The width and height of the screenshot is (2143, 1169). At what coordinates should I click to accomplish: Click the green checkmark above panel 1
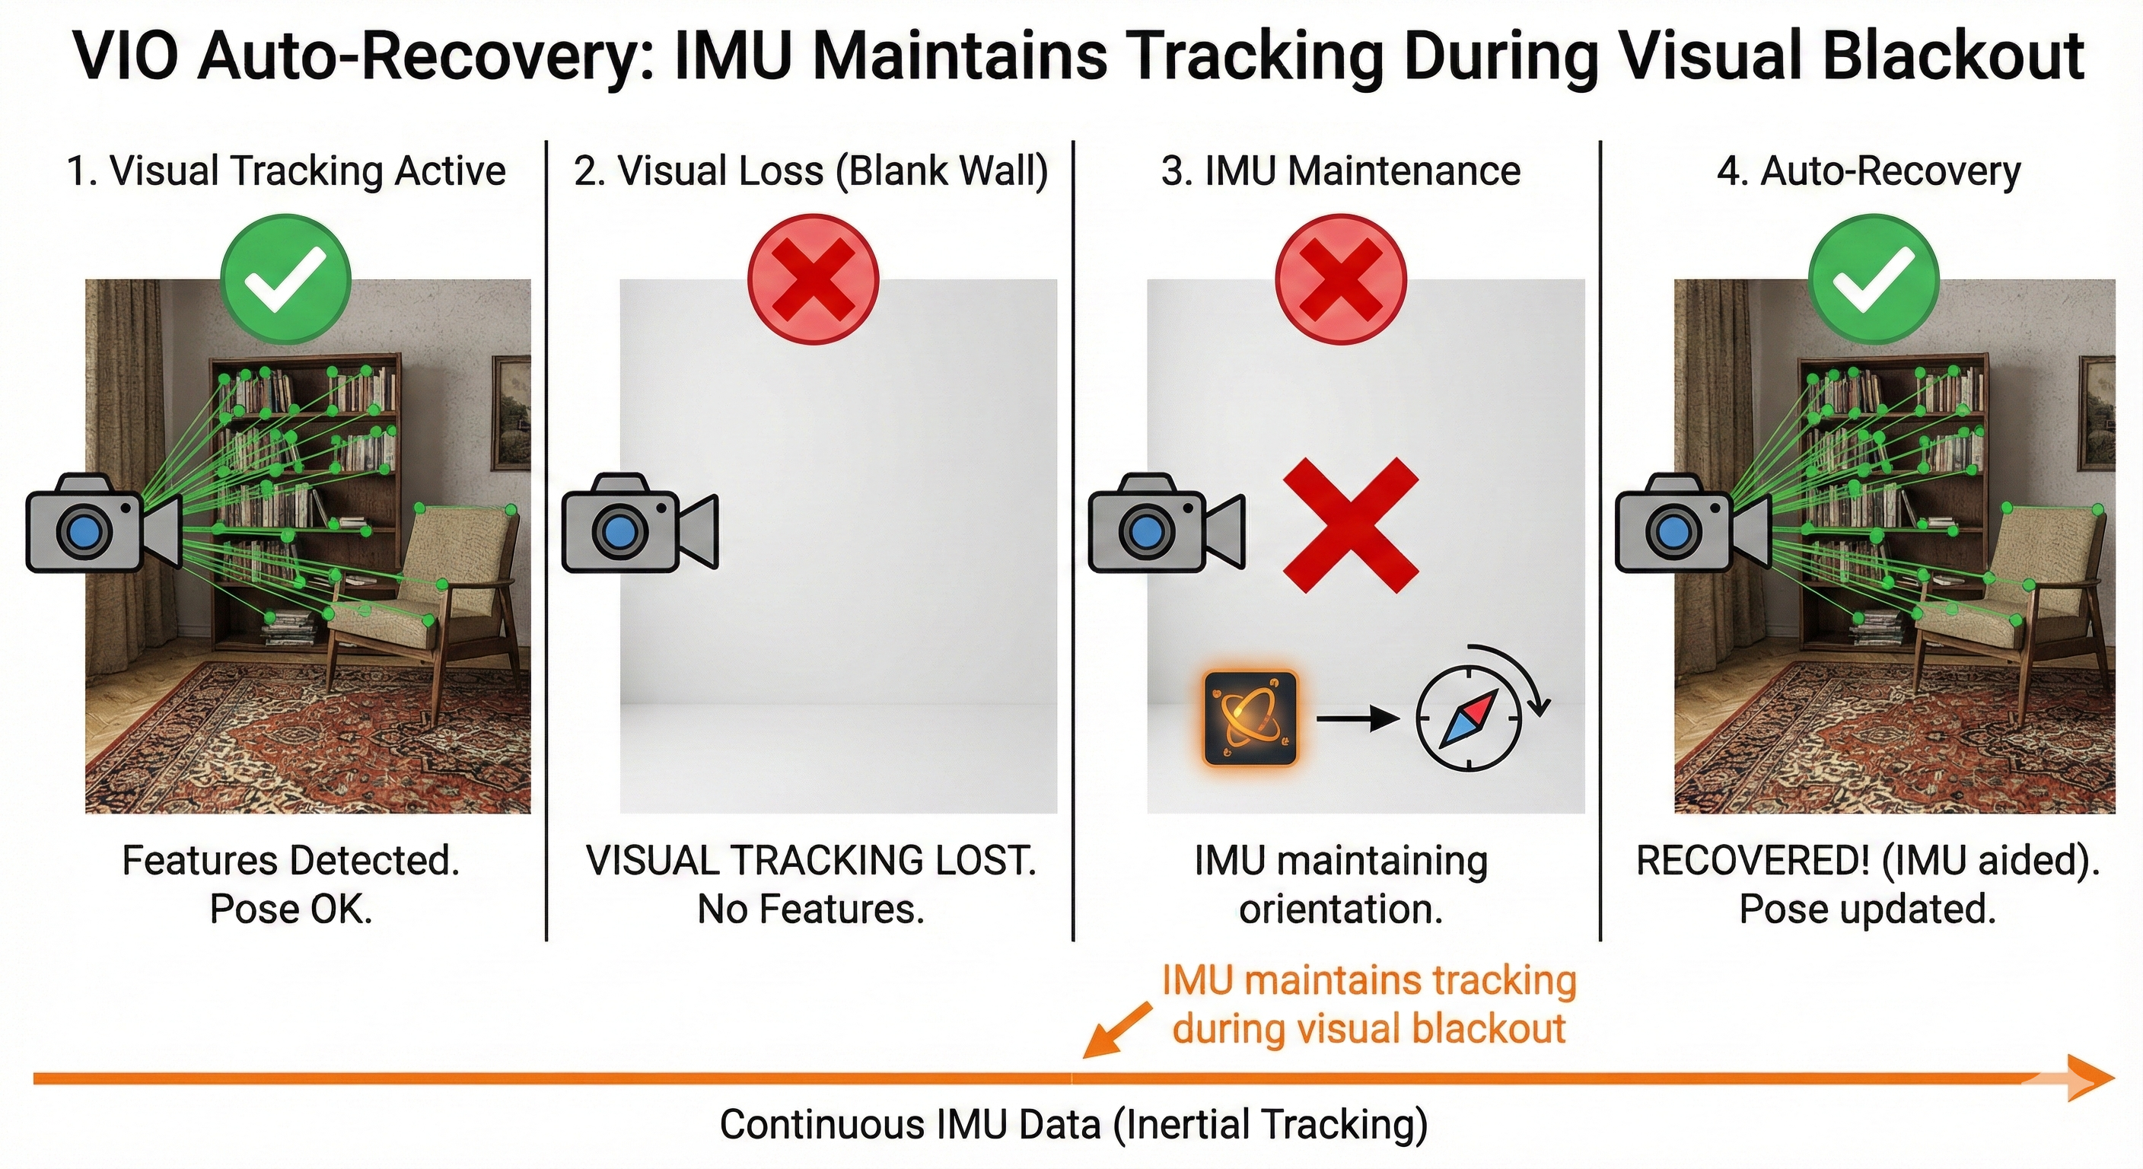pyautogui.click(x=285, y=279)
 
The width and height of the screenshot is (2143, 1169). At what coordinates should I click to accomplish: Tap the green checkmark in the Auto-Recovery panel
pyautogui.click(x=1874, y=279)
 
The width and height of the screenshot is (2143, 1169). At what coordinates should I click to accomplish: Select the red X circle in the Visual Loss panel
pyautogui.click(x=813, y=279)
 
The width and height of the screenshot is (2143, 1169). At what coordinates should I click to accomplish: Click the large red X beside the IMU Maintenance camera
pyautogui.click(x=1350, y=525)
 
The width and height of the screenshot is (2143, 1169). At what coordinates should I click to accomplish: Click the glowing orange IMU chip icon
pyautogui.click(x=1250, y=718)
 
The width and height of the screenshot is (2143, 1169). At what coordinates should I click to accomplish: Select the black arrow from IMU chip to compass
pyautogui.click(x=1358, y=718)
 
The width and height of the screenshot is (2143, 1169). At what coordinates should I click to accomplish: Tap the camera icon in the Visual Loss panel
pyautogui.click(x=640, y=523)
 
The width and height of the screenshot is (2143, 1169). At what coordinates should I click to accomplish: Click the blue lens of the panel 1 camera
pyautogui.click(x=83, y=530)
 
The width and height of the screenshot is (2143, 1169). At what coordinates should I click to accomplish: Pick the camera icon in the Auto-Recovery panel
pyautogui.click(x=1693, y=523)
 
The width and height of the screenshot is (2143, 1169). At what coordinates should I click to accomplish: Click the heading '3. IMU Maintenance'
pyautogui.click(x=1341, y=171)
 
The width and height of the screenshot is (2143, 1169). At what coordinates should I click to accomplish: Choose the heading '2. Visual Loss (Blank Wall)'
pyautogui.click(x=811, y=171)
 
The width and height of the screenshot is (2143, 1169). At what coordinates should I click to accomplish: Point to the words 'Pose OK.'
pyautogui.click(x=291, y=909)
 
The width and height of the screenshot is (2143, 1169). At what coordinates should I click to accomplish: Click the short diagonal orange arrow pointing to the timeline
pyautogui.click(x=1116, y=1030)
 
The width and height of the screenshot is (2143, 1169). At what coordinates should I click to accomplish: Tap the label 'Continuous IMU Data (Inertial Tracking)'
pyautogui.click(x=1073, y=1125)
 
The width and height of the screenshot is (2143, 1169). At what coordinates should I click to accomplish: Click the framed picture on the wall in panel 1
pyautogui.click(x=511, y=412)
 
